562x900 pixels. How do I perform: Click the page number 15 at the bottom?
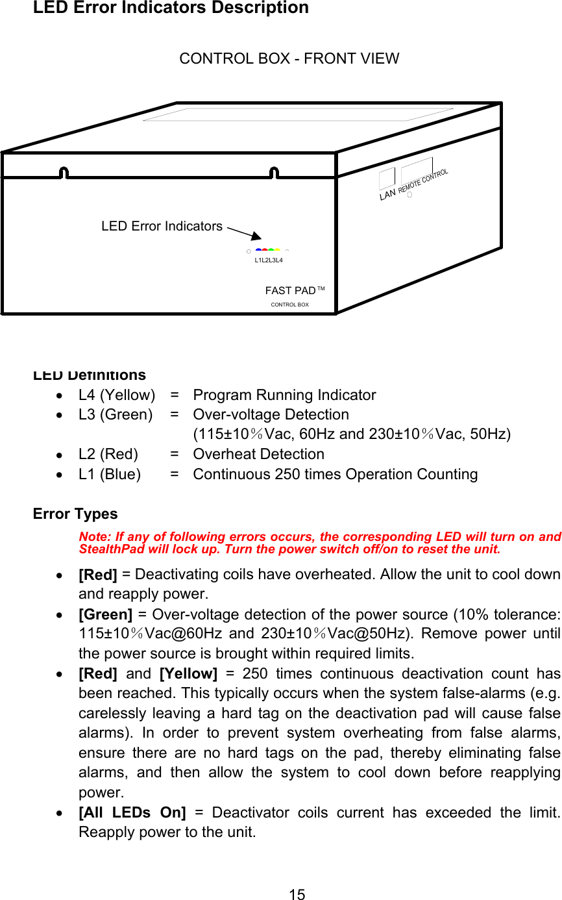coord(297,895)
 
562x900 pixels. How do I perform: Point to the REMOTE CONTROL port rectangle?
coord(417,169)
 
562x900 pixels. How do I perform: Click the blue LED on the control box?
coord(258,249)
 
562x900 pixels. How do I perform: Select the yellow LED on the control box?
coord(278,249)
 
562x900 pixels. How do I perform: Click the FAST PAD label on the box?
coord(290,290)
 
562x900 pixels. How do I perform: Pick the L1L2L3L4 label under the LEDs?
coord(269,260)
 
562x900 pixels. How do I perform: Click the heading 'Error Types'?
coord(75,514)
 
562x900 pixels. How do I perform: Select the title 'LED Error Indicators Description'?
coord(171,8)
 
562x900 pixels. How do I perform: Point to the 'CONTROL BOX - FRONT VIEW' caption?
coord(289,58)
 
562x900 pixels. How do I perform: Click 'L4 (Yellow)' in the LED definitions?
coord(117,395)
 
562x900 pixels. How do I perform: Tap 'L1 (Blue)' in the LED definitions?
coord(110,474)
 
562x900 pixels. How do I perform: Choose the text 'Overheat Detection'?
coord(258,454)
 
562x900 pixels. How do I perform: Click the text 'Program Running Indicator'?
coord(284,395)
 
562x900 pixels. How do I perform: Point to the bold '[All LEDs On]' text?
coord(132,812)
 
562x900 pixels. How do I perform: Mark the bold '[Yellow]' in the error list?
coord(188,673)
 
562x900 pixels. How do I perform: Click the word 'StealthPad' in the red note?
coord(105,549)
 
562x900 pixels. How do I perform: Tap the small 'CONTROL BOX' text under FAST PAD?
coord(289,305)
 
